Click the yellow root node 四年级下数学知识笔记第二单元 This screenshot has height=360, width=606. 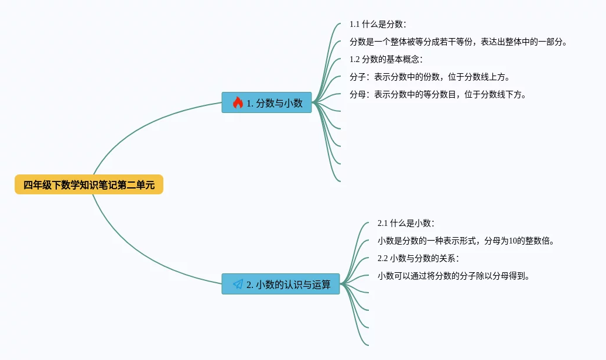(89, 185)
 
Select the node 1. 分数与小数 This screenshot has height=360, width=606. (266, 102)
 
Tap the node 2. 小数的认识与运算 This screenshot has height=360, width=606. (280, 284)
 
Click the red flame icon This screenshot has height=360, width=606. (238, 103)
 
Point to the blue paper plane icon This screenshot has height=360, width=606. (238, 284)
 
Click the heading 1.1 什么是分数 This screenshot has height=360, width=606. (378, 24)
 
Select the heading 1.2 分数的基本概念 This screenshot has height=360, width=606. (386, 59)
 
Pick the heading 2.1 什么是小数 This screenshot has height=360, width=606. (406, 223)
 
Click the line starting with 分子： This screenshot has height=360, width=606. (430, 77)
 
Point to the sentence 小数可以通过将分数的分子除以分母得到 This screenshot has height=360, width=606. (453, 276)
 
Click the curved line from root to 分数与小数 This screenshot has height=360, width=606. (141, 123)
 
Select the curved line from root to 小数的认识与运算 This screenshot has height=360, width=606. (141, 255)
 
